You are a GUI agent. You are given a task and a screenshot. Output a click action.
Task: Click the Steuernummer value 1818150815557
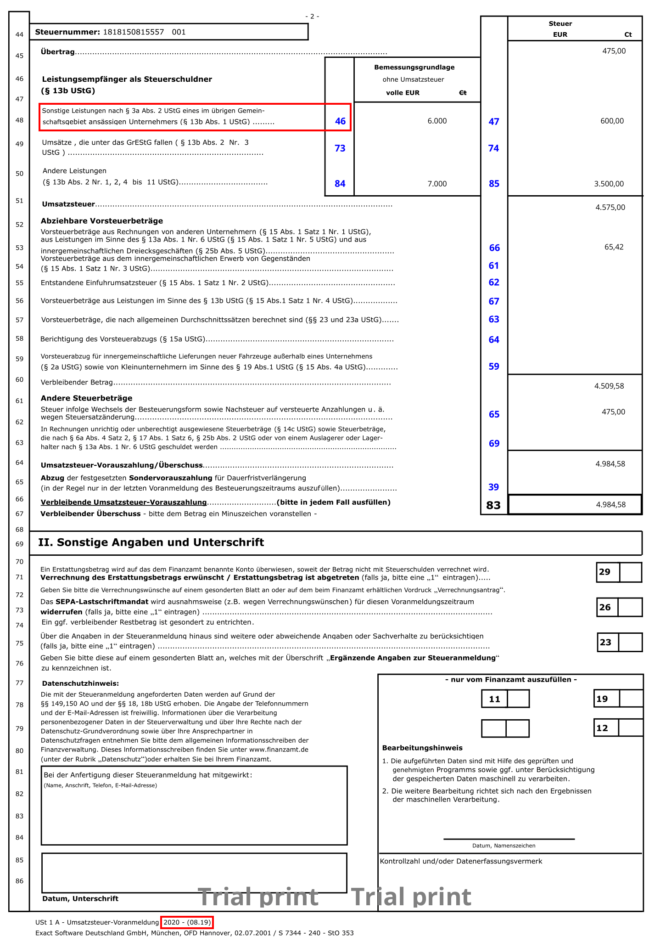[x=133, y=32]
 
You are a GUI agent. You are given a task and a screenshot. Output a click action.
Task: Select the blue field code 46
[x=340, y=122]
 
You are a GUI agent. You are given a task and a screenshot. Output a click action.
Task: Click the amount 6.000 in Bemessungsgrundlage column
[x=436, y=121]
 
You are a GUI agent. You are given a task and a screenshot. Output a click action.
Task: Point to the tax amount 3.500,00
[x=609, y=184]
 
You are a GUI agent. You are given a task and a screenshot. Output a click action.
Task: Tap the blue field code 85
[x=494, y=184]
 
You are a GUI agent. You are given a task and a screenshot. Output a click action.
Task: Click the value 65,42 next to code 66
[x=614, y=248]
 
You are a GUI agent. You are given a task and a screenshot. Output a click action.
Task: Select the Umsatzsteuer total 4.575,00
[x=610, y=208]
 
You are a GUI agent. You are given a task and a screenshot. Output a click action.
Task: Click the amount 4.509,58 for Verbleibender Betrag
[x=609, y=386]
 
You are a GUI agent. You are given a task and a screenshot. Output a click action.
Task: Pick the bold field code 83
[x=493, y=506]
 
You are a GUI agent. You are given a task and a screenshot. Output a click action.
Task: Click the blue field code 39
[x=493, y=487]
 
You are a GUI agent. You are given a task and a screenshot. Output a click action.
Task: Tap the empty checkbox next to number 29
[x=630, y=573]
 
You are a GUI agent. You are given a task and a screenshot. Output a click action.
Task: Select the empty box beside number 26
[x=630, y=608]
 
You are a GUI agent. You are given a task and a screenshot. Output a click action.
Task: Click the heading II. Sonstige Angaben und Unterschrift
[x=151, y=543]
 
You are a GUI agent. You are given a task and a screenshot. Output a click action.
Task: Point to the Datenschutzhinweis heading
[x=80, y=684]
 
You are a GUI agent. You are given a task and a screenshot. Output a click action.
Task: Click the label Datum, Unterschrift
[x=80, y=899]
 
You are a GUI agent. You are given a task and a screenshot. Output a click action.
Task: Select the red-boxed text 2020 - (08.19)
[x=187, y=922]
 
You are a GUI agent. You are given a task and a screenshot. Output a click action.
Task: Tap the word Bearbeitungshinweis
[x=422, y=748]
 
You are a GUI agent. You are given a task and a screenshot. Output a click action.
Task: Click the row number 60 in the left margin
[x=19, y=380]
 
